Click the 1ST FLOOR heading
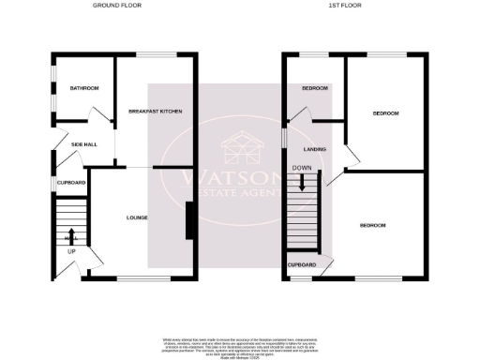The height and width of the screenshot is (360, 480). (338, 6)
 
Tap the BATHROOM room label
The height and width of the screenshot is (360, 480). (83, 88)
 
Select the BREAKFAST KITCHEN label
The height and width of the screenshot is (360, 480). (155, 112)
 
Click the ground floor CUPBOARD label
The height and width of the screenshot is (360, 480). (71, 182)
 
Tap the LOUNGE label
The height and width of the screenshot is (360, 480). (137, 217)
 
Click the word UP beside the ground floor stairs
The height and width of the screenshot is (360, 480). (70, 251)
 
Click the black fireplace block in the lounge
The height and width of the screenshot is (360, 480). (190, 221)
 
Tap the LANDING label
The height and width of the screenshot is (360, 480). (312, 148)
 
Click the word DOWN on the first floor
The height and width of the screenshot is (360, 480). (302, 168)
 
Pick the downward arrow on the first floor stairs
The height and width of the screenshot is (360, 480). (302, 182)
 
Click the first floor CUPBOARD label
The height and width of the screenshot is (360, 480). (302, 265)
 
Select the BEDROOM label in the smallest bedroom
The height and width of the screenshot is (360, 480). (314, 88)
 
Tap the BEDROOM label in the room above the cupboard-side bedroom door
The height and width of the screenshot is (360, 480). (385, 113)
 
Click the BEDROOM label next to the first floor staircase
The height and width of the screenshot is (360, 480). (373, 225)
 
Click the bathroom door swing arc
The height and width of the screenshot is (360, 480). (97, 114)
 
